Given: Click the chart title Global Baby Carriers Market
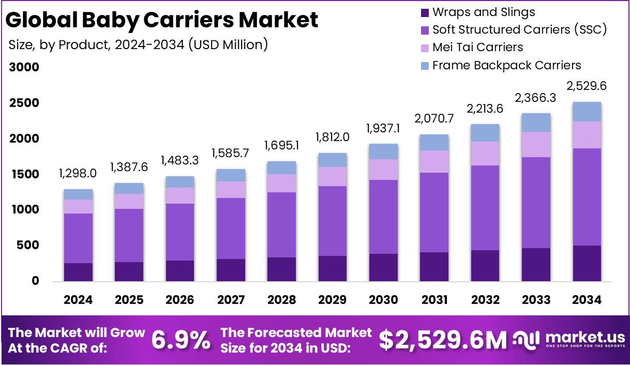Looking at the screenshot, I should click(x=162, y=20).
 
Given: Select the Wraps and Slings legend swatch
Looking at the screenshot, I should click(x=425, y=12).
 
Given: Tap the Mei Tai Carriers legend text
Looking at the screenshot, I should click(x=477, y=48).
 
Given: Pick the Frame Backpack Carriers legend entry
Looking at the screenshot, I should click(x=506, y=65).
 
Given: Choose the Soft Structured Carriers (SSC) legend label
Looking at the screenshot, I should click(x=519, y=30).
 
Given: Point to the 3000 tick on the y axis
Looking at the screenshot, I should click(x=24, y=68).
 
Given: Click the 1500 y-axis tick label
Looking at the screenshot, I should click(x=24, y=175).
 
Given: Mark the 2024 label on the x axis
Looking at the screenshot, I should click(x=78, y=300).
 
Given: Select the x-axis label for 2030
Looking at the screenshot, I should click(x=383, y=300).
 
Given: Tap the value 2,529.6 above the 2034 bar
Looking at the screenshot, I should click(x=586, y=86).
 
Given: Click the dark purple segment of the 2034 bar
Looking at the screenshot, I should click(x=586, y=263).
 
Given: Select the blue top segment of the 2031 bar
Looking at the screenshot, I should click(x=434, y=143).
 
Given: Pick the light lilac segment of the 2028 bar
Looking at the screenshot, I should click(x=281, y=183).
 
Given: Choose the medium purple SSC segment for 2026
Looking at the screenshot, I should click(x=180, y=232).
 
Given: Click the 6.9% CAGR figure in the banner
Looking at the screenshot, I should click(x=181, y=340).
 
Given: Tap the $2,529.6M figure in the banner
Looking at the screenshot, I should click(x=443, y=340).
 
